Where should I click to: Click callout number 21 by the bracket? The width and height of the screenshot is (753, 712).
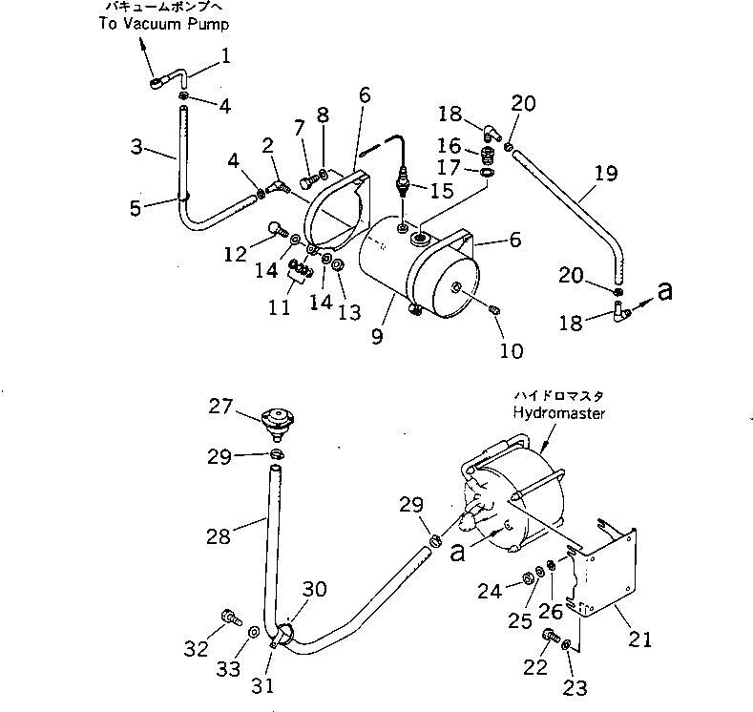[x=641, y=639]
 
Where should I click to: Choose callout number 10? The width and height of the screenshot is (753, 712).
[x=511, y=351]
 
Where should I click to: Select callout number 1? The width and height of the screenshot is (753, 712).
[x=226, y=56]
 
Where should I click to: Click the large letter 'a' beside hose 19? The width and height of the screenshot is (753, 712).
[x=664, y=291]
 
